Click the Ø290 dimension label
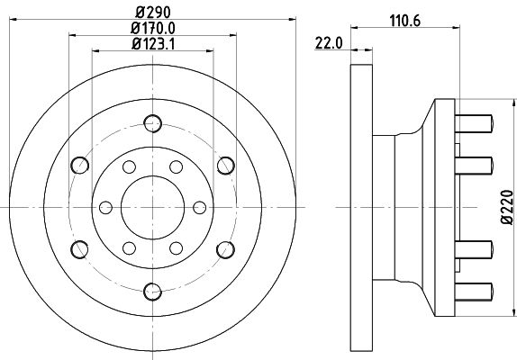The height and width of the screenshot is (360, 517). click(x=153, y=13)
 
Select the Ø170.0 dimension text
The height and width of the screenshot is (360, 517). click(x=153, y=28)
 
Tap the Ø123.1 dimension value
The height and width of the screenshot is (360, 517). click(x=153, y=44)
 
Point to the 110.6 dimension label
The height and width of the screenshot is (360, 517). click(x=405, y=22)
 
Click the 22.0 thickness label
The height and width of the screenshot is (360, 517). click(x=329, y=43)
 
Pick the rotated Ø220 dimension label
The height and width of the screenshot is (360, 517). click(x=507, y=207)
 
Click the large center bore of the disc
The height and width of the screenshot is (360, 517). click(x=152, y=207)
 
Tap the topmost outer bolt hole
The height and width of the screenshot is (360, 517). click(x=152, y=123)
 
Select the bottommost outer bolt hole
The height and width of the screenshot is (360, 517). click(x=152, y=292)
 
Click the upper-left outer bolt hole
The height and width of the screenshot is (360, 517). click(x=80, y=165)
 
